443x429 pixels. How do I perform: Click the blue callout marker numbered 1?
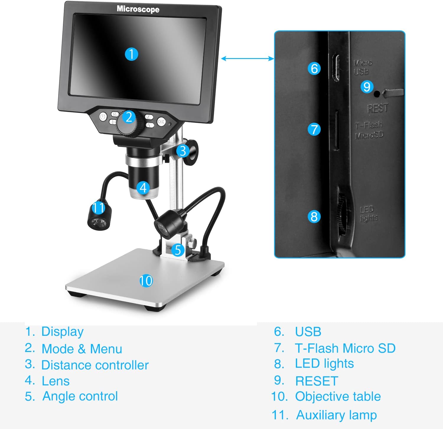[131, 54]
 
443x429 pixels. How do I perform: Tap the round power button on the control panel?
[103, 117]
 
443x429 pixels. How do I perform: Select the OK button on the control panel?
[161, 121]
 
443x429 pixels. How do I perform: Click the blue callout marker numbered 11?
[98, 207]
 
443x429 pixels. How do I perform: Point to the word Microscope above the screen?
[138, 9]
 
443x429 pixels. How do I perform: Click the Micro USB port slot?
[336, 68]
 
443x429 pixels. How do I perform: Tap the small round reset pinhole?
[377, 94]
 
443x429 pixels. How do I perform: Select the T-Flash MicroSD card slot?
[336, 130]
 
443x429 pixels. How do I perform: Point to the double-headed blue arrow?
[247, 58]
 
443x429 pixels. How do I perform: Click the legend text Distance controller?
[95, 365]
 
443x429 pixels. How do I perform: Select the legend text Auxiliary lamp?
[336, 415]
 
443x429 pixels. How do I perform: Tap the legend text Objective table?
[338, 397]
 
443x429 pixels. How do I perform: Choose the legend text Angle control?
[80, 396]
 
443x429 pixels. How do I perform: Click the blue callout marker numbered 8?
[314, 216]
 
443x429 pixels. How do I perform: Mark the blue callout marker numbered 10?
[146, 281]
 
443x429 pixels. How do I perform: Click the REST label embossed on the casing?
[377, 109]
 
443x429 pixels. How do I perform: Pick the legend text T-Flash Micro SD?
[345, 348]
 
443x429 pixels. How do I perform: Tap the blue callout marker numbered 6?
[314, 68]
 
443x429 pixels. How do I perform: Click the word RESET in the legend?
[317, 381]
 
